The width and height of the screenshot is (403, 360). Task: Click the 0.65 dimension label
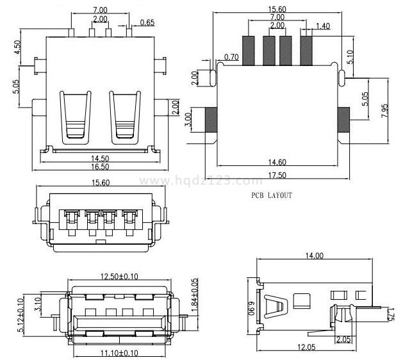point(147,23)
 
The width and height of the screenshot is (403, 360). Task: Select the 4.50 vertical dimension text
point(18,48)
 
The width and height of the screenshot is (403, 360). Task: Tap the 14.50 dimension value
point(99,158)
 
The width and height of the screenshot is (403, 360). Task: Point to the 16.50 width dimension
point(99,167)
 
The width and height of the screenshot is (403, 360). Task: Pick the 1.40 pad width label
point(323,26)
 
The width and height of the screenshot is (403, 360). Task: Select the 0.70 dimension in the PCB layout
point(231,58)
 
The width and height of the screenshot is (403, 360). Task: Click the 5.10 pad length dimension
point(350,58)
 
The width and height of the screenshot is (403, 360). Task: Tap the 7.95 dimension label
point(384,110)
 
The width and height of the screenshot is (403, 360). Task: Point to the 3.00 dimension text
point(188,120)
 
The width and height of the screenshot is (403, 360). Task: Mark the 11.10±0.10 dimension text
point(120,353)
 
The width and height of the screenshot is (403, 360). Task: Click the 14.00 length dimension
point(314,256)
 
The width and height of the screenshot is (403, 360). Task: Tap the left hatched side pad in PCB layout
point(211,119)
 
